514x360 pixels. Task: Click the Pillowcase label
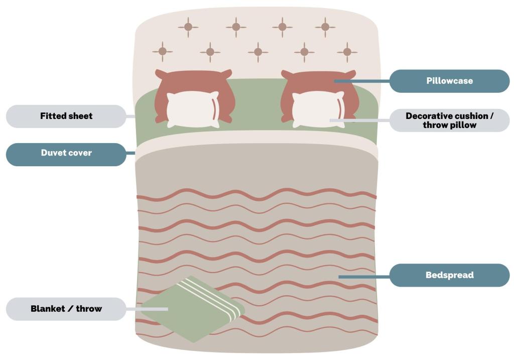[449, 81]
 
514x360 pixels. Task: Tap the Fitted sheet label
[66, 116]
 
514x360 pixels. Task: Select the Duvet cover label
[66, 153]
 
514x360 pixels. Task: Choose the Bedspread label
[449, 275]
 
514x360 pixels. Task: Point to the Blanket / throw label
[66, 309]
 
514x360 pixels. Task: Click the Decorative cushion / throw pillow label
[449, 121]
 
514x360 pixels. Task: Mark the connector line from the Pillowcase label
[361, 81]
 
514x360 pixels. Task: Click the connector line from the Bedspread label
[364, 276]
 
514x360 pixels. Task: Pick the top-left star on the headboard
[188, 27]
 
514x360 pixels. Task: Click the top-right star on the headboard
[325, 27]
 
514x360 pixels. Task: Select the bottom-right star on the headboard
[347, 52]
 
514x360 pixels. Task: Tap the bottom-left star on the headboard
[162, 51]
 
